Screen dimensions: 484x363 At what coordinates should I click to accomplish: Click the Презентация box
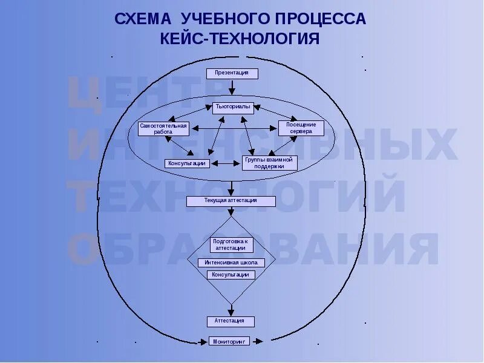(x=232, y=73)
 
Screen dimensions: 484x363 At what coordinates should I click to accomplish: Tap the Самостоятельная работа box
(x=163, y=128)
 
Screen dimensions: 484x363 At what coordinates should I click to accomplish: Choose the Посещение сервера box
(x=301, y=128)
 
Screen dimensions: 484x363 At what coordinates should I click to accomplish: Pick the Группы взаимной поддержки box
(x=269, y=163)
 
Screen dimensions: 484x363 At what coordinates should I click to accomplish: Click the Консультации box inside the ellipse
(x=188, y=163)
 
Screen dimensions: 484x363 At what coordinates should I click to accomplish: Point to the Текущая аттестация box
(x=231, y=201)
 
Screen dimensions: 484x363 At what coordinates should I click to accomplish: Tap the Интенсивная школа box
(x=231, y=263)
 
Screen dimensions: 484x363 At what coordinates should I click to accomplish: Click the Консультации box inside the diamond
(x=231, y=275)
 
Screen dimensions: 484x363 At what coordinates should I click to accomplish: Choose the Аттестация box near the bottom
(x=231, y=321)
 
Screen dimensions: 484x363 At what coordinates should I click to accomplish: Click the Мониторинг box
(x=229, y=341)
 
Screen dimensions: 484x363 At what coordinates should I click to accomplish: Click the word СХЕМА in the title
(x=143, y=19)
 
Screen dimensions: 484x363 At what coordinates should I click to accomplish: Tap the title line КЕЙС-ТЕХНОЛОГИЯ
(x=240, y=39)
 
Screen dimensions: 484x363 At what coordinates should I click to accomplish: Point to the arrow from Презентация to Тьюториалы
(x=232, y=88)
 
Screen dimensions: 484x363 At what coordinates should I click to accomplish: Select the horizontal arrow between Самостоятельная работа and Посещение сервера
(x=234, y=128)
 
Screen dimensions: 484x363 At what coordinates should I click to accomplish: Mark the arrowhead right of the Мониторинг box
(x=260, y=342)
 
